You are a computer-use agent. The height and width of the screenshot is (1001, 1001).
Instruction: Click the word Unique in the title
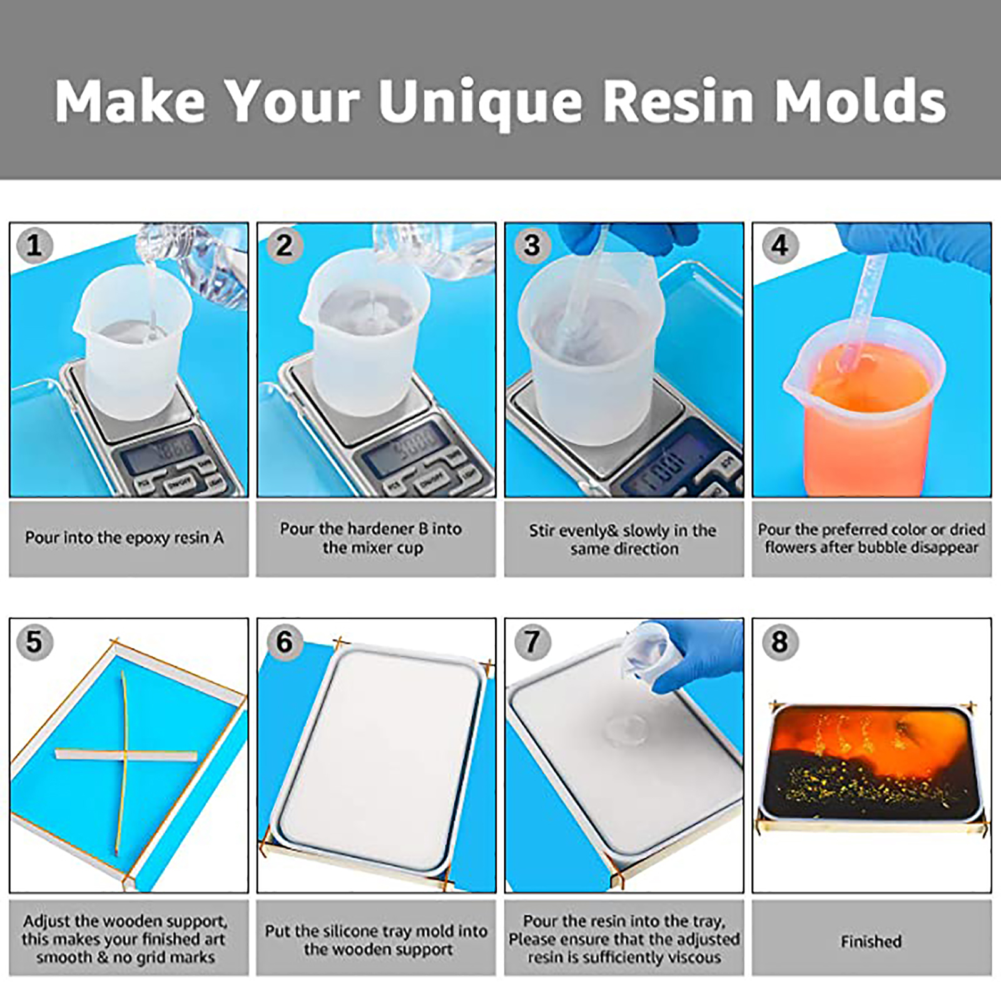pyautogui.click(x=480, y=102)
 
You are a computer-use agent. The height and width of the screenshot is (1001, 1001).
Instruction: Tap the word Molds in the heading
pyautogui.click(x=861, y=101)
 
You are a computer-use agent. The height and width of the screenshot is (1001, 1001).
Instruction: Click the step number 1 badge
pyautogui.click(x=34, y=245)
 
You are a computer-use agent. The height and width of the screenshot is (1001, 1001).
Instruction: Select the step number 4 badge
pyautogui.click(x=780, y=245)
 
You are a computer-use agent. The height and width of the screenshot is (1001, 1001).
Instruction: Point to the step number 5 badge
pyautogui.click(x=34, y=642)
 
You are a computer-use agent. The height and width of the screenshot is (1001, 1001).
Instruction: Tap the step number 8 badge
pyautogui.click(x=780, y=642)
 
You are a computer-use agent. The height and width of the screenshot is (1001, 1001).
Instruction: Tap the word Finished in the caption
pyautogui.click(x=871, y=942)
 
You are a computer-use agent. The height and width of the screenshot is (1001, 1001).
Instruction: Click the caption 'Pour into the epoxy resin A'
pyautogui.click(x=124, y=538)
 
